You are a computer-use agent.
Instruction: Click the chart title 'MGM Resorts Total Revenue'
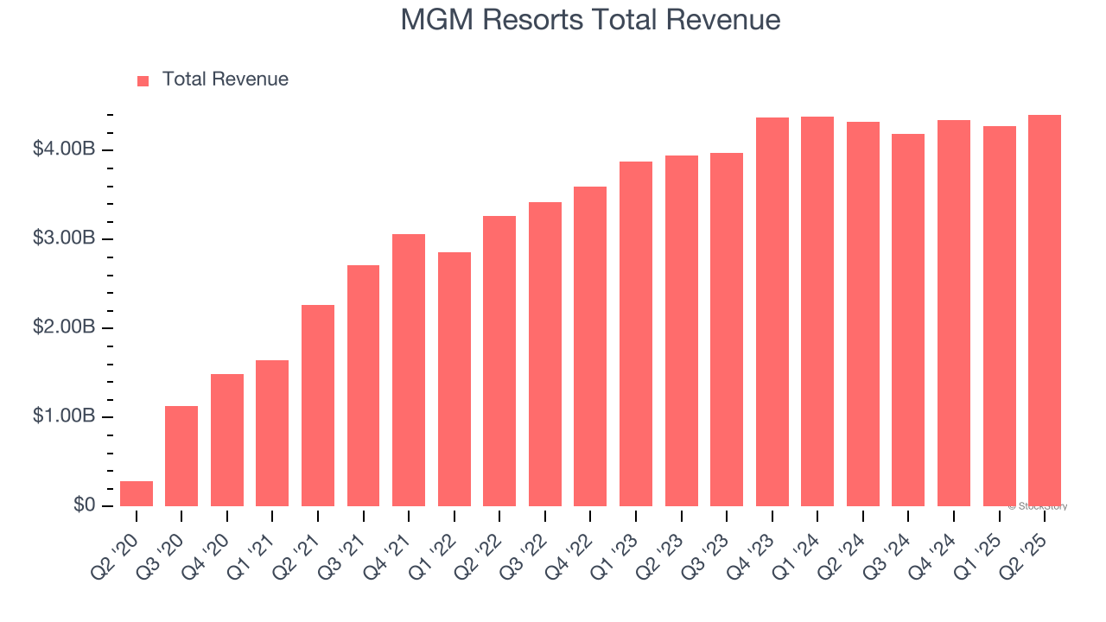coord(590,20)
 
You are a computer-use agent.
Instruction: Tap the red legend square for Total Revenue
coord(143,80)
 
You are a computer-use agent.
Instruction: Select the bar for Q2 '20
coord(137,493)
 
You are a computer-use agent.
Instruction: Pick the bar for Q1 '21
coord(272,433)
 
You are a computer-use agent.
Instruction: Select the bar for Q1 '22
coord(454,379)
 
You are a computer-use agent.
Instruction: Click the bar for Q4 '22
coord(590,346)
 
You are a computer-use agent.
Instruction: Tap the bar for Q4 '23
coord(772,312)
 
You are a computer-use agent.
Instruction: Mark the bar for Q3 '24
coord(908,320)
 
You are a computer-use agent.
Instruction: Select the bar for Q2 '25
coord(1044,310)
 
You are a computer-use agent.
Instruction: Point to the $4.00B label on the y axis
coord(64,149)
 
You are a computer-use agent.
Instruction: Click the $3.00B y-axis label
coord(64,238)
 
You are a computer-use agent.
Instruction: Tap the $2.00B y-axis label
coord(64,327)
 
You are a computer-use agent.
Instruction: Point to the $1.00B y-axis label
coord(64,416)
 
